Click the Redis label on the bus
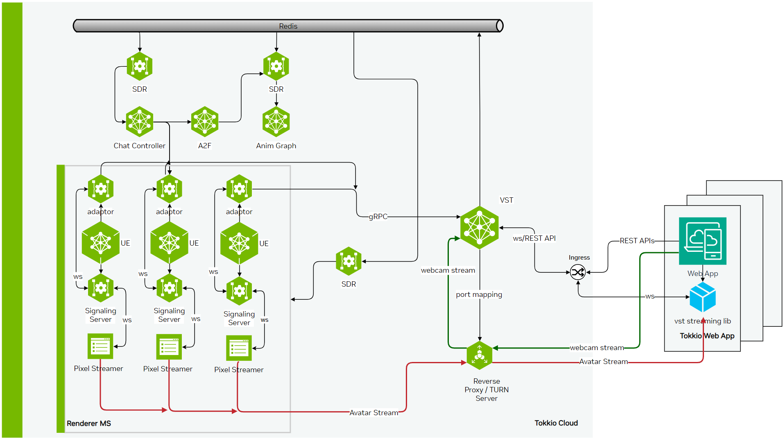click(288, 26)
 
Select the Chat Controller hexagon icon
click(140, 122)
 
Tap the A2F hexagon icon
click(205, 122)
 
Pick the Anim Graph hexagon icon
click(276, 122)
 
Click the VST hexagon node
click(480, 228)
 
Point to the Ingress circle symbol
click(578, 272)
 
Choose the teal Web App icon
click(702, 241)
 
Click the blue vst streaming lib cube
click(702, 298)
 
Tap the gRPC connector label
click(378, 217)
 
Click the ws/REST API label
click(534, 238)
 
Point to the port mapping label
click(479, 294)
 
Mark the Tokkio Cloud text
click(556, 423)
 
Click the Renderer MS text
click(89, 423)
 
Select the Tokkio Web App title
click(707, 336)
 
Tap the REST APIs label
click(637, 241)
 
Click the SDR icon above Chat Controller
click(140, 66)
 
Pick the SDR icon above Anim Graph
click(276, 66)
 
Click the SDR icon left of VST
click(349, 261)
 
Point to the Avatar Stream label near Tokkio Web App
click(603, 362)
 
